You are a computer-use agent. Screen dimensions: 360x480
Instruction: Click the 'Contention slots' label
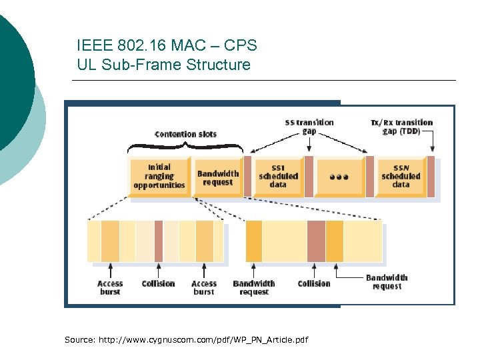[x=185, y=134]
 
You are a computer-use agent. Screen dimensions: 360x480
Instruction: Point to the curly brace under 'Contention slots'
[x=185, y=147]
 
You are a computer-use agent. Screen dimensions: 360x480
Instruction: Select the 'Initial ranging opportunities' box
[x=159, y=177]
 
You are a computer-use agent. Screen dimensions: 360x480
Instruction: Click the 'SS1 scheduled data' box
[x=278, y=177]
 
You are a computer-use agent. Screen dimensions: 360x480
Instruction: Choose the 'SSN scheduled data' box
[x=401, y=177]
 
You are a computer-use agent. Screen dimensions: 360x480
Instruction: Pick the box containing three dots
[x=339, y=177]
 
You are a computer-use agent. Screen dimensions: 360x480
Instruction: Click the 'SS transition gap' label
[x=309, y=127]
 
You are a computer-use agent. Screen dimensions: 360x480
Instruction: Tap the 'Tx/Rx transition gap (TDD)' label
[x=401, y=127]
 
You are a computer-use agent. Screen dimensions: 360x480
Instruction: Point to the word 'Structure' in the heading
[x=217, y=65]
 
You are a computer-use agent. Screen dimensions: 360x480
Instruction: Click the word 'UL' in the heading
[x=87, y=65]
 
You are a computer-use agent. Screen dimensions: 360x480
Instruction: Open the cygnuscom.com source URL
[x=203, y=340]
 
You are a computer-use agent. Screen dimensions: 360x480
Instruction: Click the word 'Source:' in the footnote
[x=80, y=340]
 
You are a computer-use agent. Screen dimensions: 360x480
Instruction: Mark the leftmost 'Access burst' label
[x=110, y=287]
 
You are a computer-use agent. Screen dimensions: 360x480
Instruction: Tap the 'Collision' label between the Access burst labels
[x=158, y=283]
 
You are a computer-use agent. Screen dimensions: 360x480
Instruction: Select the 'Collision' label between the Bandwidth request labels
[x=313, y=283]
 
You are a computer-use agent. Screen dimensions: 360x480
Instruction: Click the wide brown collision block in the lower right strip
[x=316, y=241]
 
